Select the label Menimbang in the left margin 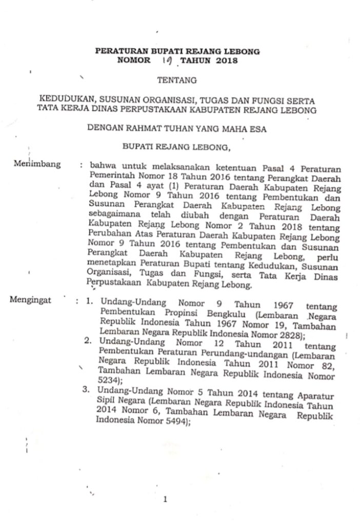[38, 165]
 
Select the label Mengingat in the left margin [30, 300]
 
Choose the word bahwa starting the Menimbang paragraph [102, 167]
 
